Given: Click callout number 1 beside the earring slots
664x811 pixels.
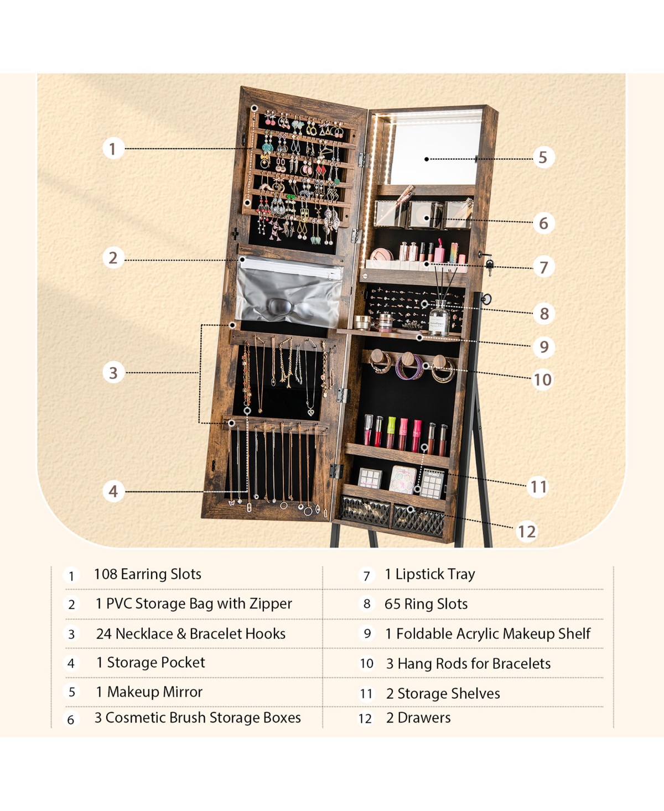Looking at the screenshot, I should [113, 148].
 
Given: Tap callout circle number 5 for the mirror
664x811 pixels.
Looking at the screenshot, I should [543, 157].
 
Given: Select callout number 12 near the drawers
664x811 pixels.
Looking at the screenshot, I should [526, 532].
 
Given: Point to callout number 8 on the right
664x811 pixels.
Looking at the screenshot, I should [544, 314].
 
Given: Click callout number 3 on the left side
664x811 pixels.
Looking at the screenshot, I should [113, 372].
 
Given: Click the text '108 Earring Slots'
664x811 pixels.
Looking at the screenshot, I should [147, 574].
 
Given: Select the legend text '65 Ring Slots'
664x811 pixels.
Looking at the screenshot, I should [426, 604].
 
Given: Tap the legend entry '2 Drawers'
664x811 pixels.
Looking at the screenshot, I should [418, 718].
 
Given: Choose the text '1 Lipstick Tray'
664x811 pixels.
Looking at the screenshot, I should [430, 574].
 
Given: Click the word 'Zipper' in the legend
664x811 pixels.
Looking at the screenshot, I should [271, 604].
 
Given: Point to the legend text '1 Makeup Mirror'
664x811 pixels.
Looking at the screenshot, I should [149, 692].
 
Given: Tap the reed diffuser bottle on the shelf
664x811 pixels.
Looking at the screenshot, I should [439, 318].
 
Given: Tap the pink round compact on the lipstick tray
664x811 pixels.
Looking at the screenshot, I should [381, 255].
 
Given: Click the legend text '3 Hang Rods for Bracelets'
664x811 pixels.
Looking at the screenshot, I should [468, 664].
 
